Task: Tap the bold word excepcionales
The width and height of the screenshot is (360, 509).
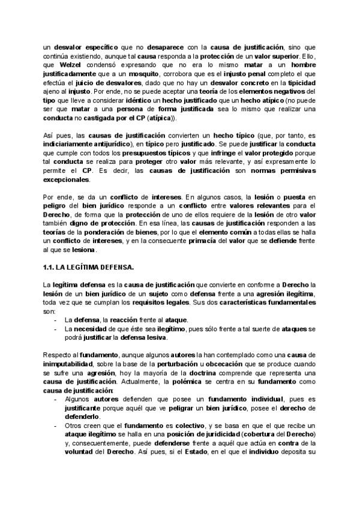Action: [x=66, y=179]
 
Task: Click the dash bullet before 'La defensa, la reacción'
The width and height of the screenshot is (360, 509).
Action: [x=55, y=320]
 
